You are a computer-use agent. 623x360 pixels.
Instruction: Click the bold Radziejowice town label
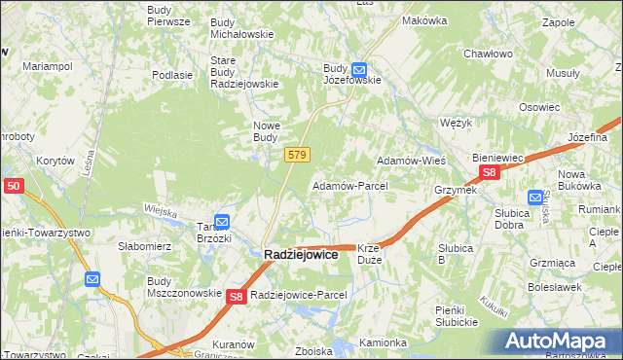tap(301, 254)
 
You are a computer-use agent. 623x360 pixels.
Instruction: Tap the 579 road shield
tap(298, 155)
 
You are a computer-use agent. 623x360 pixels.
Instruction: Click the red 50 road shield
tap(13, 185)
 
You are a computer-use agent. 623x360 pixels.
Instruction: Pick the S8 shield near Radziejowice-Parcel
tap(237, 298)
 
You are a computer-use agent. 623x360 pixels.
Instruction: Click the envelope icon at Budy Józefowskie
tap(358, 70)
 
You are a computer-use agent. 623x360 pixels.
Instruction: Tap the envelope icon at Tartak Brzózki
tap(221, 222)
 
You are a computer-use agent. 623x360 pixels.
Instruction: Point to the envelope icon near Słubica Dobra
tap(534, 197)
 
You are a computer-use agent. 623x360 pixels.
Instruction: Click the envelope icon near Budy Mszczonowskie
tap(92, 280)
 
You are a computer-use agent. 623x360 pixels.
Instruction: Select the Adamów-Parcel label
tap(349, 185)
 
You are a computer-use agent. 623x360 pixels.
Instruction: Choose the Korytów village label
tap(55, 161)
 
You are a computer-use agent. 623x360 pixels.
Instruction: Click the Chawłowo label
tap(488, 54)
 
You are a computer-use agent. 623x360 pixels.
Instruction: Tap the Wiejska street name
tap(159, 210)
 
